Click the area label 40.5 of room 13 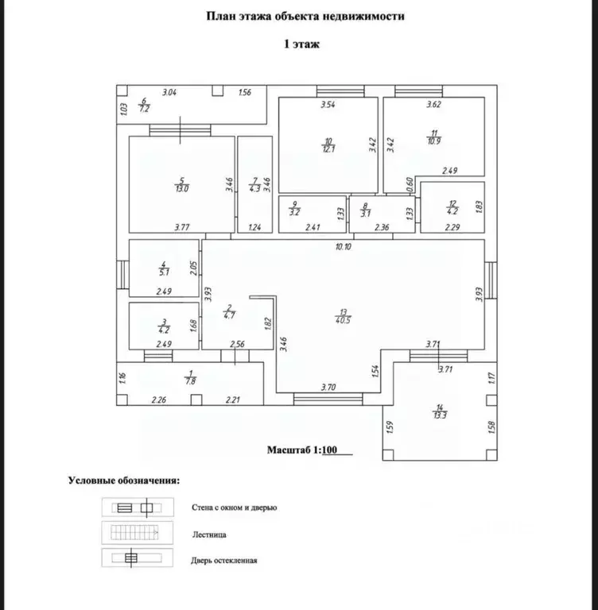pyautogui.click(x=343, y=320)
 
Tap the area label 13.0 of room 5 pyautogui.click(x=182, y=189)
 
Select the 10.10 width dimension pyautogui.click(x=344, y=246)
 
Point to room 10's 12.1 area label pyautogui.click(x=328, y=149)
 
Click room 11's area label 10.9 pyautogui.click(x=434, y=141)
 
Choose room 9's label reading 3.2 pyautogui.click(x=295, y=212)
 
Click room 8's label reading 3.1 pyautogui.click(x=366, y=214)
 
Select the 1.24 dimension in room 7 pyautogui.click(x=254, y=227)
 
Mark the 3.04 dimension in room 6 pyautogui.click(x=169, y=92)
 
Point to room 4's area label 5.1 pyautogui.click(x=164, y=272)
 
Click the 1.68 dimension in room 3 pyautogui.click(x=193, y=326)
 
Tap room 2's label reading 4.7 pyautogui.click(x=230, y=315)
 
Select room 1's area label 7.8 pyautogui.click(x=191, y=381)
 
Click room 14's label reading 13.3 pyautogui.click(x=440, y=415)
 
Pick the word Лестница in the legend pyautogui.click(x=209, y=535)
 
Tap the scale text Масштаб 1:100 pyautogui.click(x=302, y=450)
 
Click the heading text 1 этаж pyautogui.click(x=302, y=44)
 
